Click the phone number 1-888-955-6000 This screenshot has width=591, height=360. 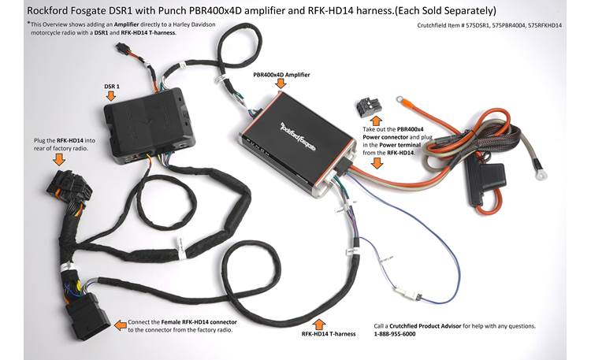click(395, 335)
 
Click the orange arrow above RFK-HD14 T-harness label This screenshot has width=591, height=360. click(319, 322)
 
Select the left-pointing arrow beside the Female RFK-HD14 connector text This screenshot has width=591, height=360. click(119, 324)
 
